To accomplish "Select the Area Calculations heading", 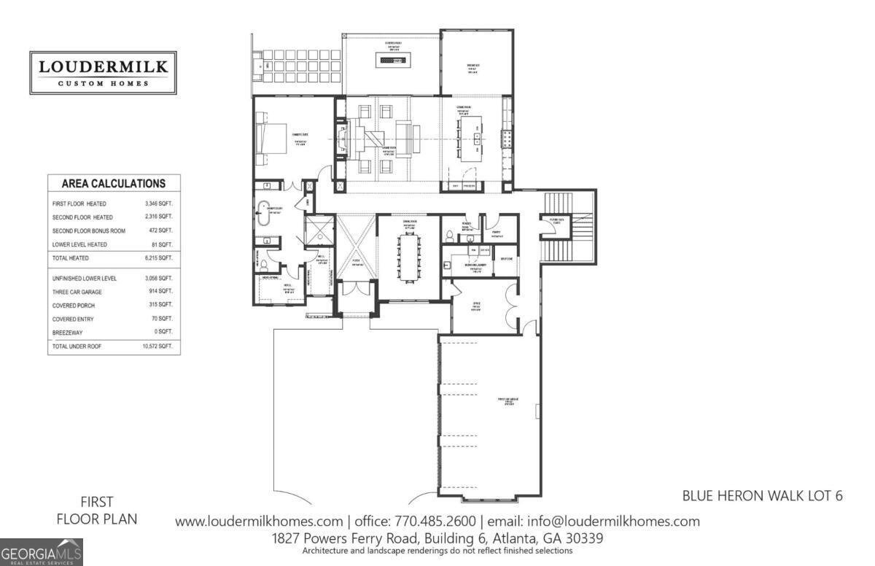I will pos(113,184).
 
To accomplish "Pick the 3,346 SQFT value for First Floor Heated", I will pos(158,203).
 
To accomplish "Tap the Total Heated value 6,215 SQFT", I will pos(158,258).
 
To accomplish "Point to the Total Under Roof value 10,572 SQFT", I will pos(157,346).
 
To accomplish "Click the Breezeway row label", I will pos(69,332).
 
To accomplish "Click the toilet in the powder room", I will pos(450,236).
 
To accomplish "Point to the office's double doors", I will pos(517,303).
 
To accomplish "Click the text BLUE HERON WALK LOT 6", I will pos(762,496).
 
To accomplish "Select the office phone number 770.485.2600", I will pos(435,522).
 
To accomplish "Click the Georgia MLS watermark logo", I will pos(42,552).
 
